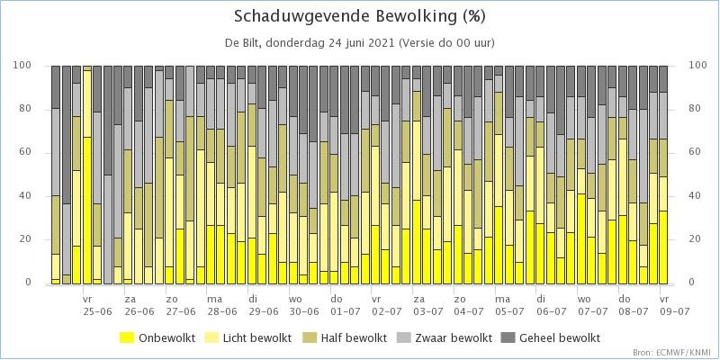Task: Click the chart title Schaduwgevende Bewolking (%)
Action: click(359, 16)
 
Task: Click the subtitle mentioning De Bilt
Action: click(359, 43)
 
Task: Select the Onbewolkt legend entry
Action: click(157, 338)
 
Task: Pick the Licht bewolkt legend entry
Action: click(251, 338)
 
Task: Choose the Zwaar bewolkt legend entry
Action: click(443, 338)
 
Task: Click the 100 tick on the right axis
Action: click(697, 66)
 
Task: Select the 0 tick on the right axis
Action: click(692, 283)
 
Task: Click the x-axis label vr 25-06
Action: click(97, 305)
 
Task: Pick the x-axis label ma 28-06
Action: click(221, 305)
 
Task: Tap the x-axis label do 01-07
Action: click(346, 305)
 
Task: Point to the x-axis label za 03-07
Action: click(428, 305)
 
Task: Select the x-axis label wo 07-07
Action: click(593, 305)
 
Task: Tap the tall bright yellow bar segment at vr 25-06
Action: click(87, 211)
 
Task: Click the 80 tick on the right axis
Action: click(694, 109)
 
